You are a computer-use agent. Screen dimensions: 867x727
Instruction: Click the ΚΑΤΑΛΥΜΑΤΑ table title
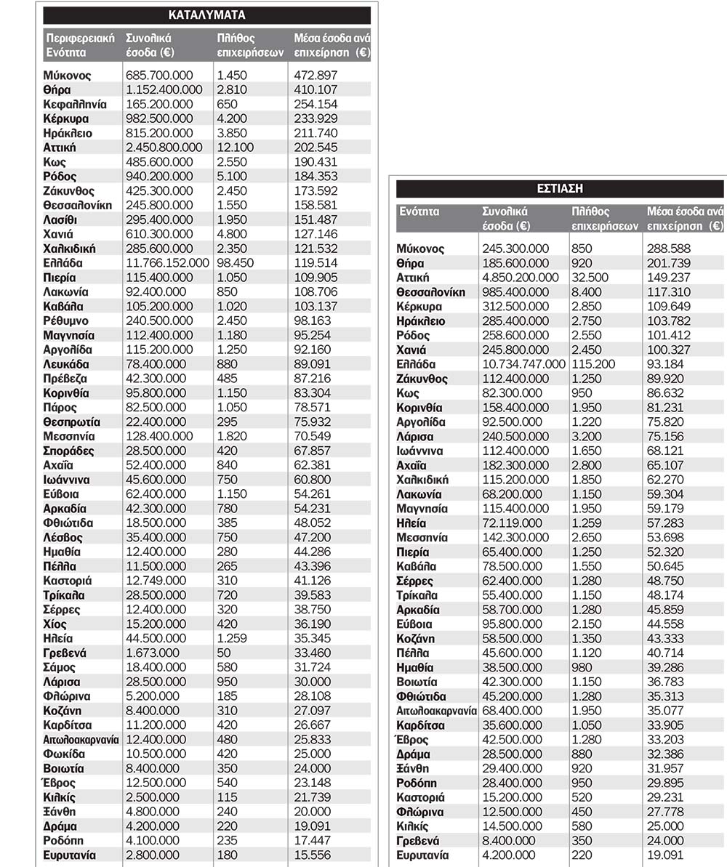[x=206, y=15]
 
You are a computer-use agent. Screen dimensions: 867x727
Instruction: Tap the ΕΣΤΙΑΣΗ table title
[x=560, y=189]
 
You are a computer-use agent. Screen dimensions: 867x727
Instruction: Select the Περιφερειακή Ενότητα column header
[x=79, y=45]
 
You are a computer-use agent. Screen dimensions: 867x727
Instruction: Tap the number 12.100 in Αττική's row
[x=235, y=148]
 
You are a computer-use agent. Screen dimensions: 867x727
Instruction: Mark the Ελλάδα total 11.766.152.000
[x=167, y=263]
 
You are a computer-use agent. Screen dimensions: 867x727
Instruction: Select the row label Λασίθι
[x=60, y=219]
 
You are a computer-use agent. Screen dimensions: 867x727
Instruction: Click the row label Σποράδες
[x=68, y=451]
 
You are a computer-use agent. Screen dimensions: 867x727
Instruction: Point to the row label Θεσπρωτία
[x=72, y=422]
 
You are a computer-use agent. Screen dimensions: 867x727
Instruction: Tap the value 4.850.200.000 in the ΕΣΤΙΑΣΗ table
[x=521, y=278]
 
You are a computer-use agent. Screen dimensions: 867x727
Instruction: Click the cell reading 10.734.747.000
[x=523, y=364]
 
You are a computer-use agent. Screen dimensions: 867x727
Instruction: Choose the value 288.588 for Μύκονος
[x=669, y=249]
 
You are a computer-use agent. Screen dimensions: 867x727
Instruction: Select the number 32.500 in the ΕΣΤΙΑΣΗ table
[x=588, y=278]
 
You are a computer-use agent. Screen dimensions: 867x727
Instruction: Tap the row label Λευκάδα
[x=65, y=364]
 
